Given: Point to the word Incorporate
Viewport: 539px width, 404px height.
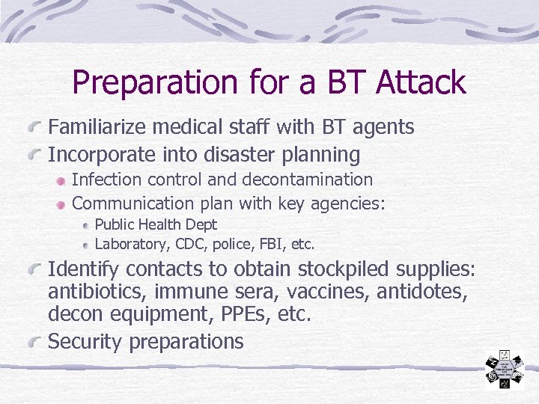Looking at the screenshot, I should coord(98,155).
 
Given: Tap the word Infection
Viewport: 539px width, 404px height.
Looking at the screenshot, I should coord(103,180).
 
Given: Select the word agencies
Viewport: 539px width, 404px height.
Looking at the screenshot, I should coord(350,203).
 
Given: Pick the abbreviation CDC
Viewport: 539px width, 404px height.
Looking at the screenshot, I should coord(193,244).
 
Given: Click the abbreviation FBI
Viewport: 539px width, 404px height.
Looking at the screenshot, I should coord(272,244).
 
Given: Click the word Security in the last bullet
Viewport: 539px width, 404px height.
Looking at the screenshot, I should coord(85,342).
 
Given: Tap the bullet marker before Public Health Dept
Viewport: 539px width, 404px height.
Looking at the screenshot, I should coord(87,224).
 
